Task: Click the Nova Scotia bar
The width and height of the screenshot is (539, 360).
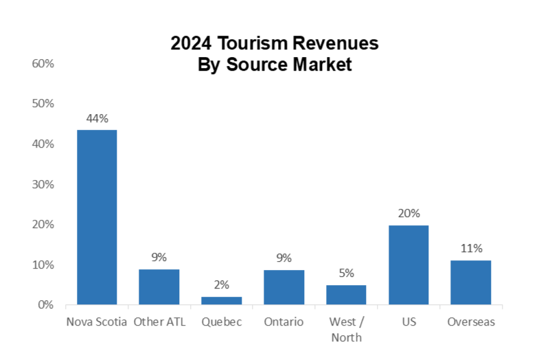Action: pos(97,217)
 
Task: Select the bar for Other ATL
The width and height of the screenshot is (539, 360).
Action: pos(159,287)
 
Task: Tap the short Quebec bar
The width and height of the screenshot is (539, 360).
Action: pos(221,301)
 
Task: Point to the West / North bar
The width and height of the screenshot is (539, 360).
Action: pos(346,295)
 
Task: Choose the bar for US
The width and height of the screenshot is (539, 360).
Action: pos(409,265)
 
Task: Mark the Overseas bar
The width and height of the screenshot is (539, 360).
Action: pos(470,282)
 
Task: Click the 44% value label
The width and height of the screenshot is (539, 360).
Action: pos(97,118)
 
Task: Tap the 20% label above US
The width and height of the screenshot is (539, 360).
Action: pos(409,214)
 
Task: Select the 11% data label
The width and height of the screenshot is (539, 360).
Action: pos(470,248)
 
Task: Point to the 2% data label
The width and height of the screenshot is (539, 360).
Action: pos(221,284)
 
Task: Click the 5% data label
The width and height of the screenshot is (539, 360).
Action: pos(346,273)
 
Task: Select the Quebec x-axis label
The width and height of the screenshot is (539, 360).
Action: pos(221,322)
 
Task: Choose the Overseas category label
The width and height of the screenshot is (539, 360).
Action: pos(470,322)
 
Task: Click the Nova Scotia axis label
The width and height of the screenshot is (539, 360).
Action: pos(97,322)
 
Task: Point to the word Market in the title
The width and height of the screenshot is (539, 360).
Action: pos(321,65)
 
